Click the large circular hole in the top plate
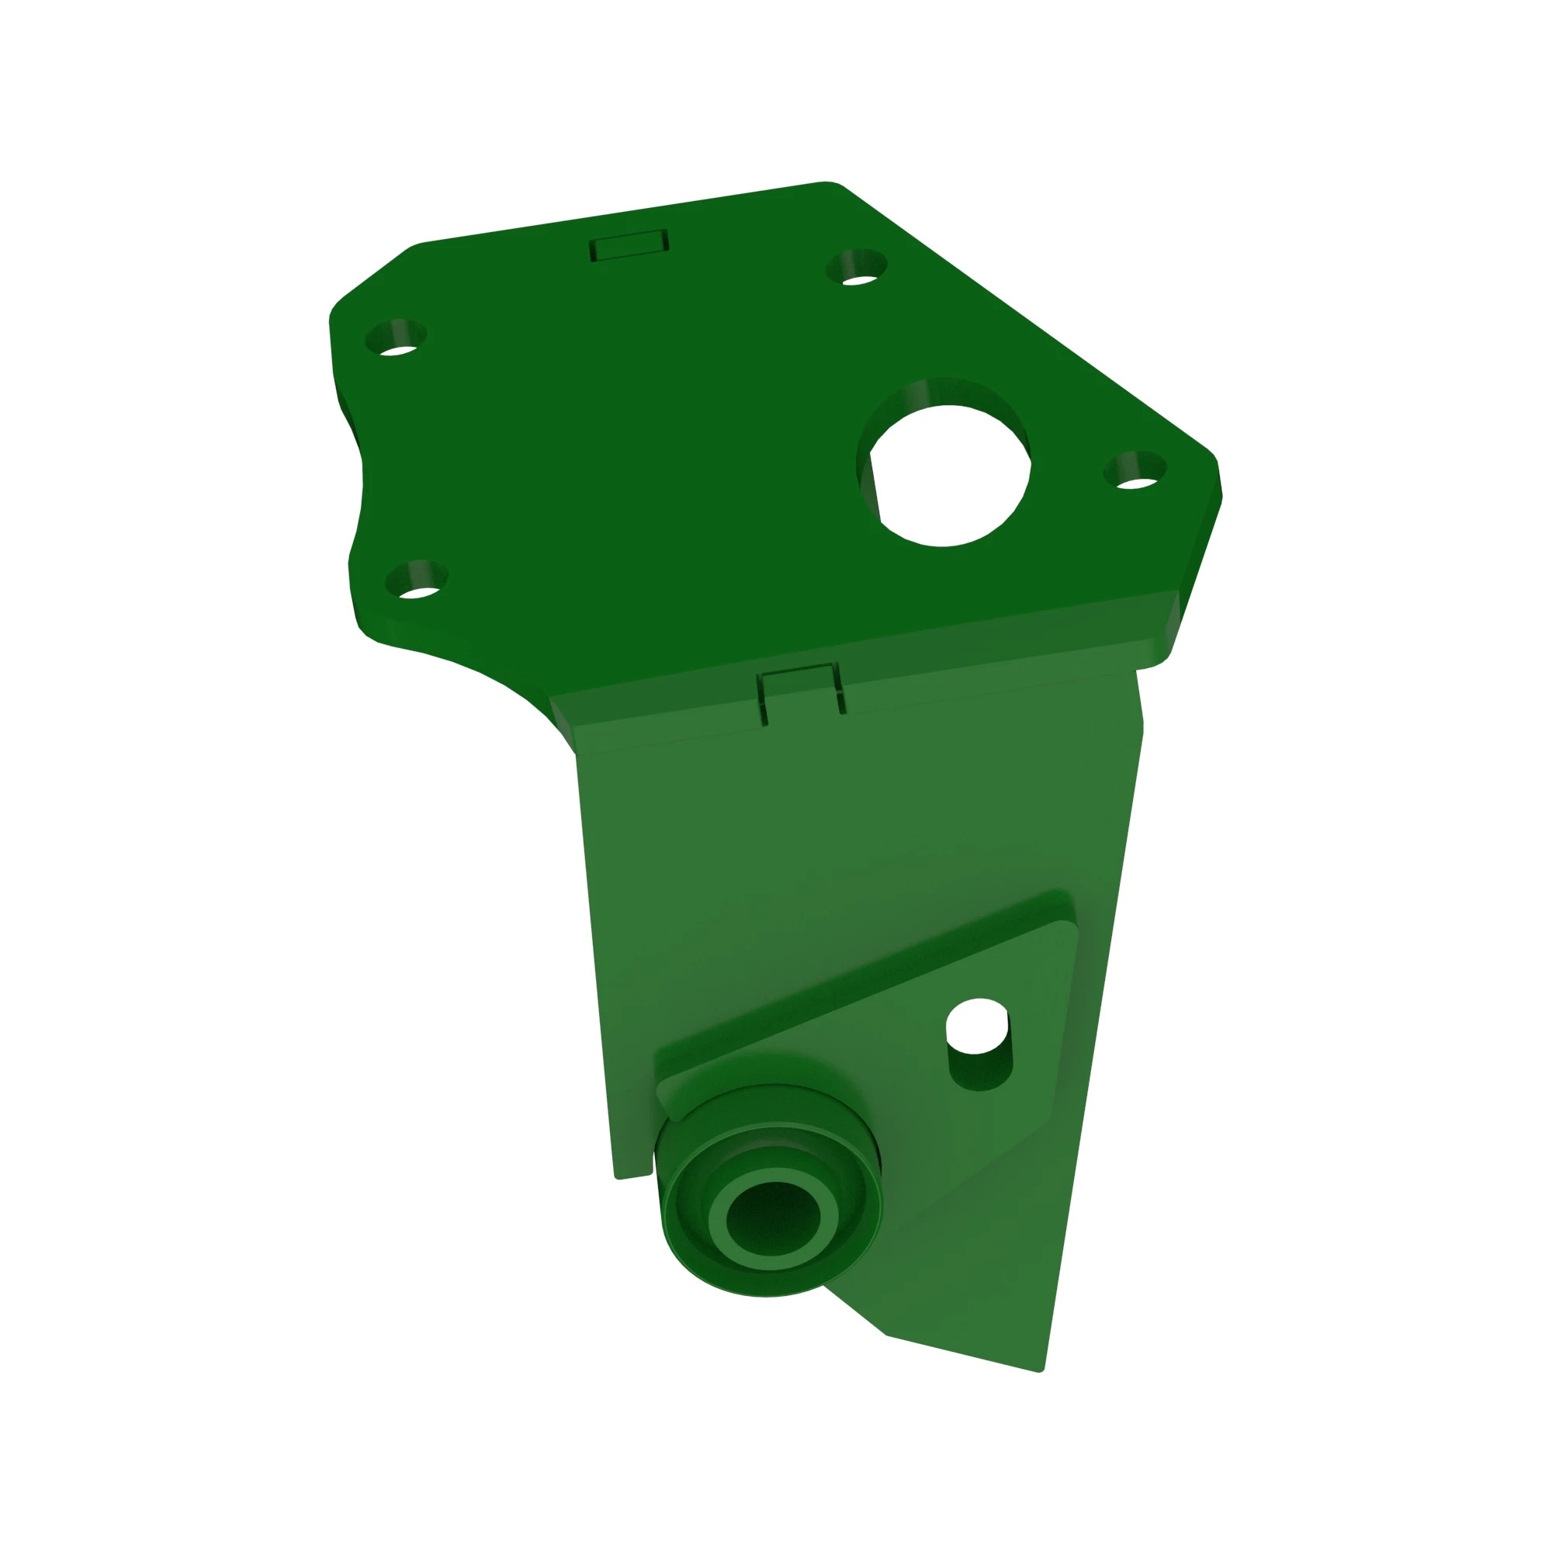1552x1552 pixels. (949, 474)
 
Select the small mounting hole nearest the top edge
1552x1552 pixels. (857, 268)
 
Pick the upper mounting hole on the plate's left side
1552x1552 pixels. (395, 338)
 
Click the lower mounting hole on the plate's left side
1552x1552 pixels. (416, 580)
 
